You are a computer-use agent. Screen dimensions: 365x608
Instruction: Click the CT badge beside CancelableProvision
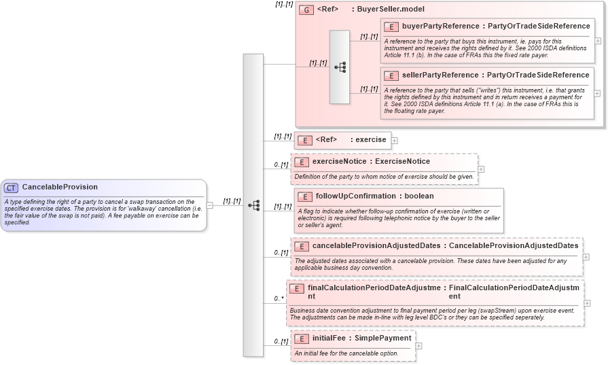(x=12, y=188)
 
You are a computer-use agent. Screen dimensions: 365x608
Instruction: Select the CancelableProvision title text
(x=60, y=187)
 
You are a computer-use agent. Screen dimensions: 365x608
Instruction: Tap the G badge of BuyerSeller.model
(x=306, y=10)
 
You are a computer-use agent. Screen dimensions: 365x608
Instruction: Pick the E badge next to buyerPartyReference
(x=391, y=27)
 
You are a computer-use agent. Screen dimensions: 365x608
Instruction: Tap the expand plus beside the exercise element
(x=395, y=141)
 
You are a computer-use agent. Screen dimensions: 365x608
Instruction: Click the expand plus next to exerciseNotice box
(x=481, y=169)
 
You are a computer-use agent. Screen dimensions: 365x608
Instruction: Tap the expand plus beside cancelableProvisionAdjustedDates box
(x=586, y=257)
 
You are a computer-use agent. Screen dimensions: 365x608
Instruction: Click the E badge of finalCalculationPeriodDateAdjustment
(x=296, y=289)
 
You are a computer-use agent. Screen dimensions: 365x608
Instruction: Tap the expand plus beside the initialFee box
(x=418, y=346)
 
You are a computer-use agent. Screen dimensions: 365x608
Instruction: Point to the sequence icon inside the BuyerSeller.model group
(x=340, y=67)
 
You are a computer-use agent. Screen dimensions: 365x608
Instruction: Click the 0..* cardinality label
(x=279, y=298)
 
